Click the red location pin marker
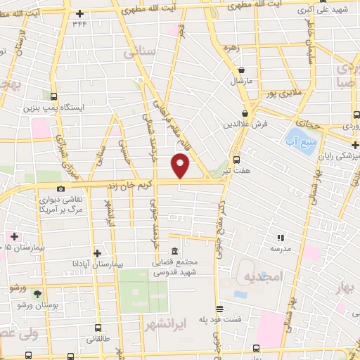point(181,166)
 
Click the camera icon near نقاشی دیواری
point(61,188)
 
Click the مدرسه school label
point(281,249)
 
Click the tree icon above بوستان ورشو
point(37,294)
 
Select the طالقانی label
point(98,338)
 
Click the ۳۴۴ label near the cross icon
point(80,24)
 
